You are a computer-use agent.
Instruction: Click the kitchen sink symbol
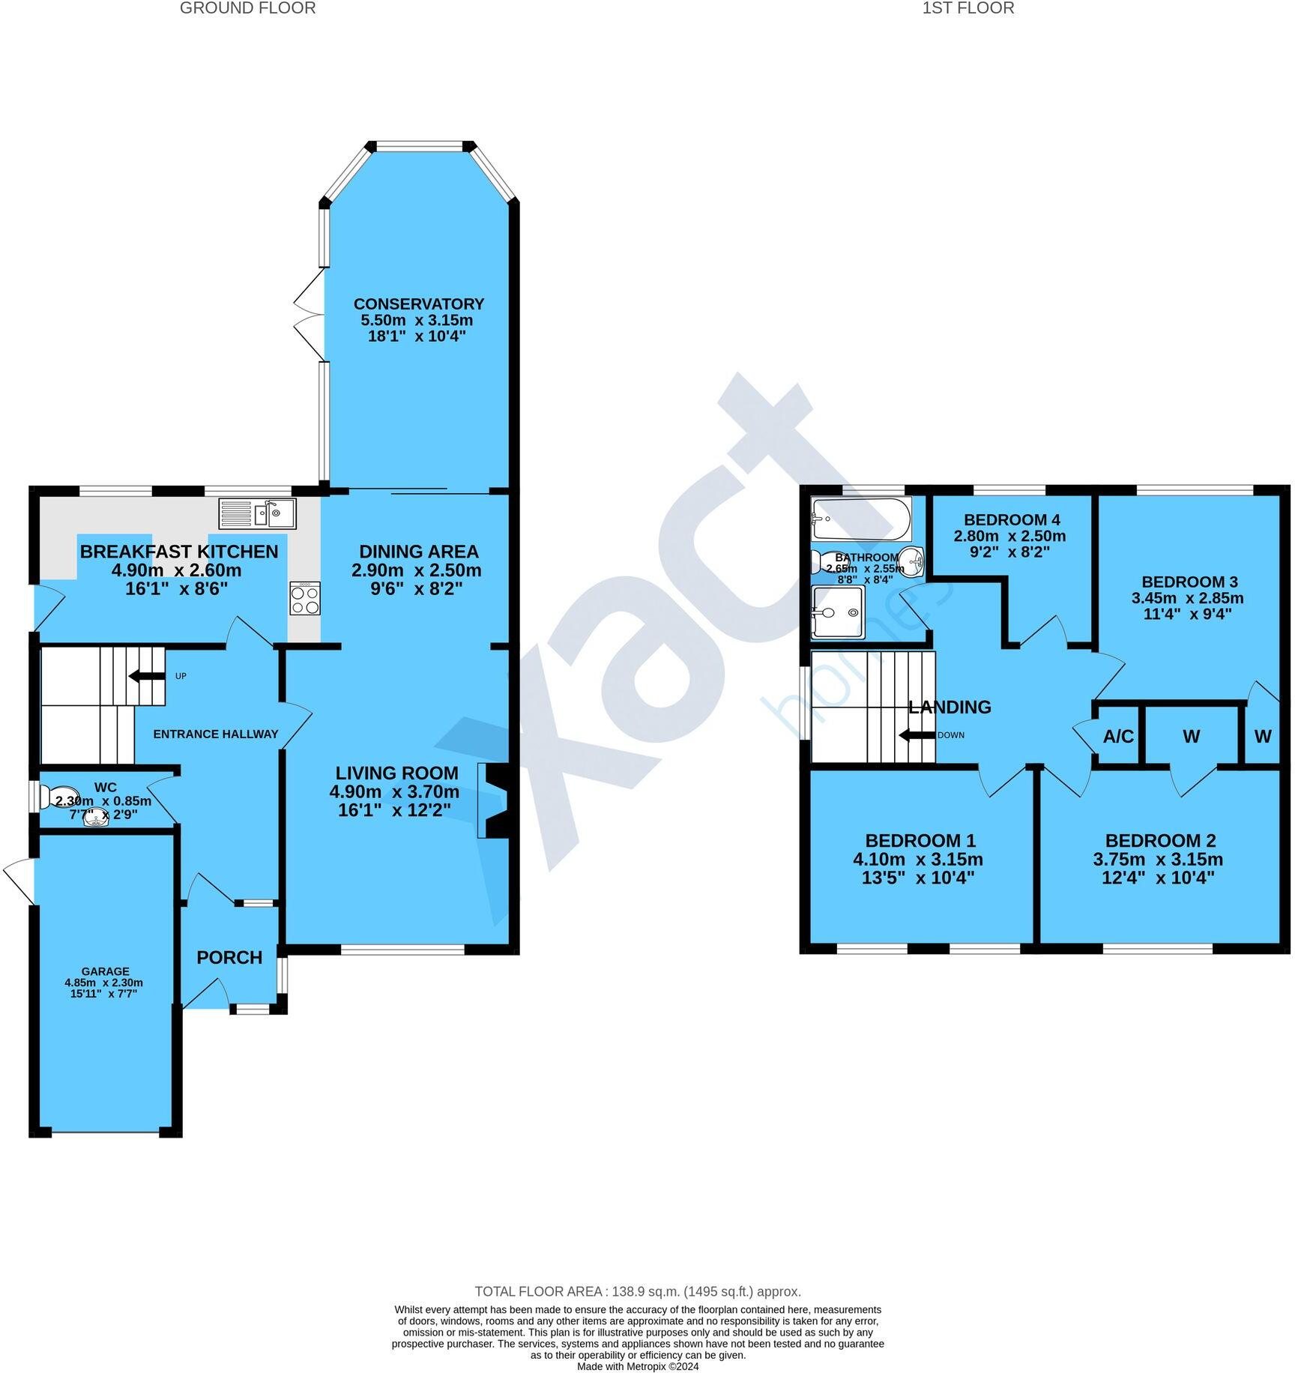258,513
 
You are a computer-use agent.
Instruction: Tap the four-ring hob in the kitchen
305,599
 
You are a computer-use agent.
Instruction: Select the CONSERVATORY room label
418,304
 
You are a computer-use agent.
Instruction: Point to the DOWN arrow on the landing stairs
917,735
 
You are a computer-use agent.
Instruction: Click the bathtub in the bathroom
861,518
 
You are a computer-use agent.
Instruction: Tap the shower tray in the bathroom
838,612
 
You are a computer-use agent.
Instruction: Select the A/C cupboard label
1118,737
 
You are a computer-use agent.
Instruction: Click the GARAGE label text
106,971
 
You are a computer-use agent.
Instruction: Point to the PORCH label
229,957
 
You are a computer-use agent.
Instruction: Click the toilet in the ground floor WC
60,797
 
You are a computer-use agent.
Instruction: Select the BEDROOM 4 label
1011,519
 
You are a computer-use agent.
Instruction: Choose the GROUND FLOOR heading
247,8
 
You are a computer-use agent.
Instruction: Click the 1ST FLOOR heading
968,8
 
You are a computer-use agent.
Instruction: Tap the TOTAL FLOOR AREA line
637,1291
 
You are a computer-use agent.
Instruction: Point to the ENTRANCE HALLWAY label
215,734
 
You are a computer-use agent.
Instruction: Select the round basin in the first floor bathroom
912,559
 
